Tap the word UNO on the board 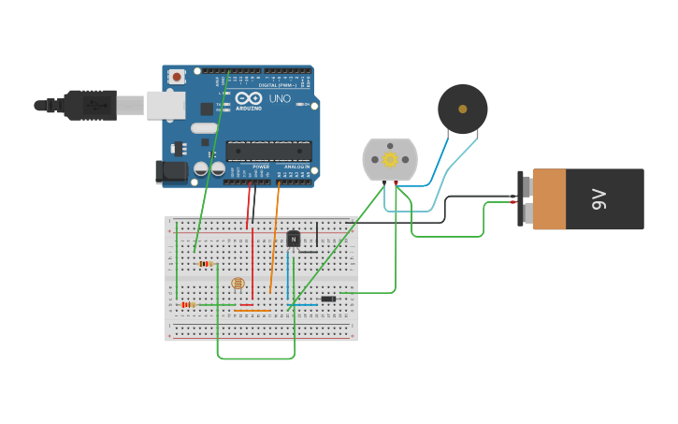point(281,98)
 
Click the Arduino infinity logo point(249,97)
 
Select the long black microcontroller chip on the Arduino point(269,151)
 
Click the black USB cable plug point(91,105)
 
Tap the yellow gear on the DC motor point(390,159)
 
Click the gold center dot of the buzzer point(463,110)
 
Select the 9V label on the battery point(599,198)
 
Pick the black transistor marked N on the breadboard point(293,239)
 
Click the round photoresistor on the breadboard point(237,283)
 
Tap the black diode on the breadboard point(328,300)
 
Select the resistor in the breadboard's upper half point(206,264)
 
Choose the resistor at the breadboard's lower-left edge point(188,304)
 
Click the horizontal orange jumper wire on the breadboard point(252,311)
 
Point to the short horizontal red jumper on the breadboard point(246,304)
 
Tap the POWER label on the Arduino point(235,167)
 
